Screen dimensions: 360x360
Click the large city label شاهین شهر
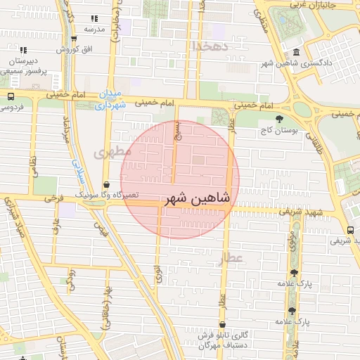click(197, 199)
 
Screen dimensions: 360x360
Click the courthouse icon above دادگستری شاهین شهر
click(296, 53)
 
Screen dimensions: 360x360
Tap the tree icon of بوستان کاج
click(281, 118)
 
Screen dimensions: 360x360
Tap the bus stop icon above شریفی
click(350, 229)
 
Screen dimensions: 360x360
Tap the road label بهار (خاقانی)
click(106, 309)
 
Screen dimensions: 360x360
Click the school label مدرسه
click(94, 30)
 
